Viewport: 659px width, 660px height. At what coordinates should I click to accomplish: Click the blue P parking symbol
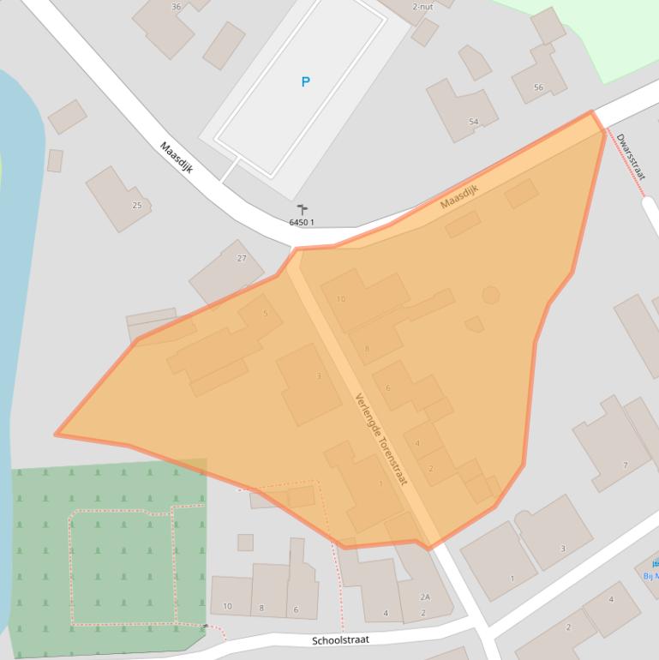305,82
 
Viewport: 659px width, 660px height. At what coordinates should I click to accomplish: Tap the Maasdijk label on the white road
177,158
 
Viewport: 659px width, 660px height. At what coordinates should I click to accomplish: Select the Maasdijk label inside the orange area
458,197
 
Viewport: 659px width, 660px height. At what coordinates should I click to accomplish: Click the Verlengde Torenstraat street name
380,438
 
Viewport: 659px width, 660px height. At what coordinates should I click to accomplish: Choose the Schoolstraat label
340,640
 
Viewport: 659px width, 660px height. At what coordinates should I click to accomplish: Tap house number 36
176,7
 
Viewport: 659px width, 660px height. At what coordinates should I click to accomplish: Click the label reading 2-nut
422,7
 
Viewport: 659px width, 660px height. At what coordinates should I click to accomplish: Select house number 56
538,87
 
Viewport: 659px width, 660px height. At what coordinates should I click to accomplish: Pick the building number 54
473,122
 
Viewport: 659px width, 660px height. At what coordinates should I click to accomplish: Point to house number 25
136,206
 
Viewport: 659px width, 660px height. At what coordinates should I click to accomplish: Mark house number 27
242,258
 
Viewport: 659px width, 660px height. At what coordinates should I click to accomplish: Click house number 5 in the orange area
266,313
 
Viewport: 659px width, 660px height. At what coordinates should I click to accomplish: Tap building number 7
625,465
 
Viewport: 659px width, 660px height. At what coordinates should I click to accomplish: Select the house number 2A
424,597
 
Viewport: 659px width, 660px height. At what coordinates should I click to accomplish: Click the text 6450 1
302,223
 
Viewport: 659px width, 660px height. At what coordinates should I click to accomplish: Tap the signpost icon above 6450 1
302,208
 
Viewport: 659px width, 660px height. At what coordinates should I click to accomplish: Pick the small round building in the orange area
490,296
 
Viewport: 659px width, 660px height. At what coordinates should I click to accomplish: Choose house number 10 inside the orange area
341,299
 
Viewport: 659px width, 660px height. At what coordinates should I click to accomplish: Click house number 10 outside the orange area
227,606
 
